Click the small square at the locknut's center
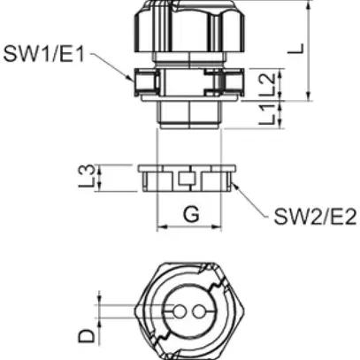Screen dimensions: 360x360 [187, 180]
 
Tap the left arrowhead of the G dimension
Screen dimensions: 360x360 [160, 228]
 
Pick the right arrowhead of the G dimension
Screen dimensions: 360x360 [215, 228]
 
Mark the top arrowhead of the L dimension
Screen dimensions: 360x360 [307, 6]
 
